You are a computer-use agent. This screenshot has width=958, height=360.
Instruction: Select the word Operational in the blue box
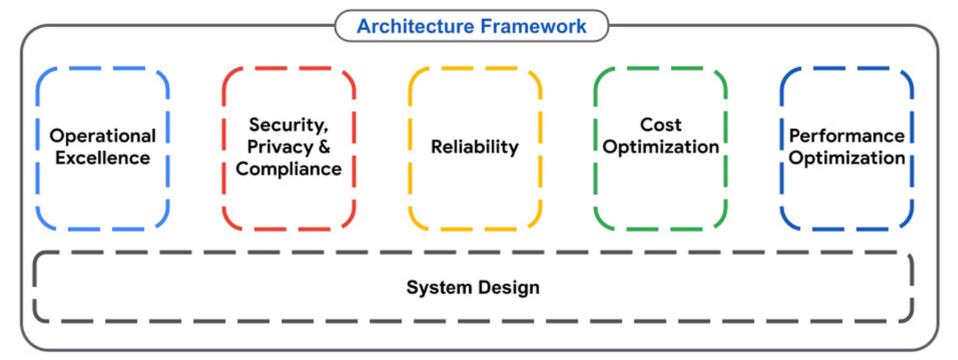pos(102,136)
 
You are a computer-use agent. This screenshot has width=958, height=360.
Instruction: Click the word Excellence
pos(102,159)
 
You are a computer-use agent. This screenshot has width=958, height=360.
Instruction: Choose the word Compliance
pos(289,168)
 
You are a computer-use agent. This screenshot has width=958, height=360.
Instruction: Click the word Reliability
pos(474,147)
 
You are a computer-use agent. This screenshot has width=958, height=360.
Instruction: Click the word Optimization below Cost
pos(660,147)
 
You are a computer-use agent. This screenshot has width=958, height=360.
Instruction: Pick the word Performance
pos(847,136)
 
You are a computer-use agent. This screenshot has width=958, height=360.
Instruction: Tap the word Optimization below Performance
pos(847,159)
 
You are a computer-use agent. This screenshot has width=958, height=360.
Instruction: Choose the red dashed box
pos(289,205)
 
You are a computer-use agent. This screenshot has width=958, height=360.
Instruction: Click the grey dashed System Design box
pos(223,288)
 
